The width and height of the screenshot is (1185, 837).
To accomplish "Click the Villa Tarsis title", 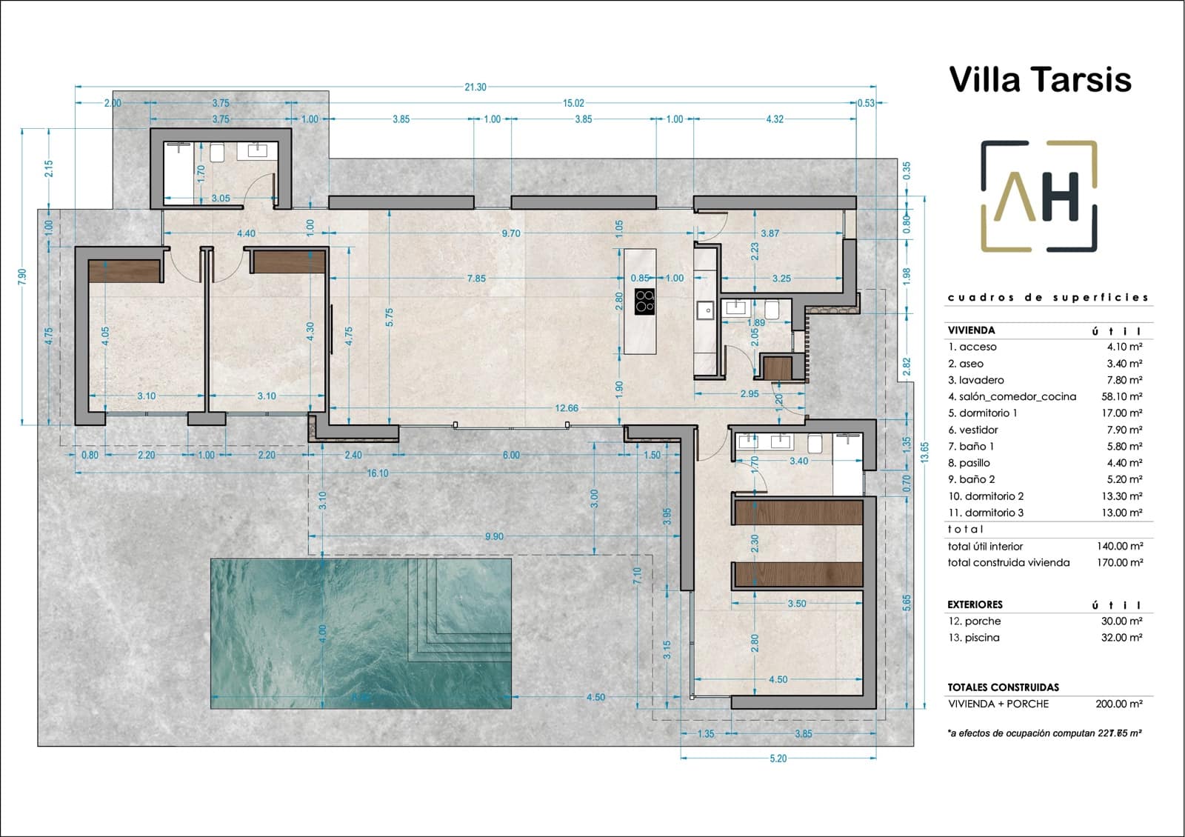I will tap(1039, 80).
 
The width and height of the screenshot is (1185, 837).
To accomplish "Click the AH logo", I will tap(1038, 196).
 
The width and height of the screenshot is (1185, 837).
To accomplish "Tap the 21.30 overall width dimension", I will tap(475, 87).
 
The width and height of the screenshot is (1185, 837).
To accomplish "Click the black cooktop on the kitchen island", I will tap(644, 301).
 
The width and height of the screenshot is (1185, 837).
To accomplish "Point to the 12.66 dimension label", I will tap(567, 408).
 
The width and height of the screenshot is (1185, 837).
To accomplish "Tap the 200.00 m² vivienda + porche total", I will tap(1119, 704).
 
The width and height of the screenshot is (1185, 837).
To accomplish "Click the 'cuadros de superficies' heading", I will tap(1047, 298).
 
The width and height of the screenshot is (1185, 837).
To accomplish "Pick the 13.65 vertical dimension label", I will tap(924, 452).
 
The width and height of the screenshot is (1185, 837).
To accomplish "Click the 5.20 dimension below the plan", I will tap(778, 758).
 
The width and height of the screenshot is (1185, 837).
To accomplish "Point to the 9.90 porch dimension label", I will tap(494, 536).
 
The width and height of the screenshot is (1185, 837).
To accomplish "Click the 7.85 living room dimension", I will tap(476, 279).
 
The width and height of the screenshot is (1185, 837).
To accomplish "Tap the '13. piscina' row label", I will tap(974, 638).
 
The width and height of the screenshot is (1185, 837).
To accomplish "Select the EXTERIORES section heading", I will tap(975, 604).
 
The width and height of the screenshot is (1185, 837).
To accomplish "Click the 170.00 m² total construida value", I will tap(1119, 563).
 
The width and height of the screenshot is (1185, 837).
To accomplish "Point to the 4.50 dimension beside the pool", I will tap(595, 697).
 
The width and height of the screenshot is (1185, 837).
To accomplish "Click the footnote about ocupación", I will tap(1044, 733).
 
